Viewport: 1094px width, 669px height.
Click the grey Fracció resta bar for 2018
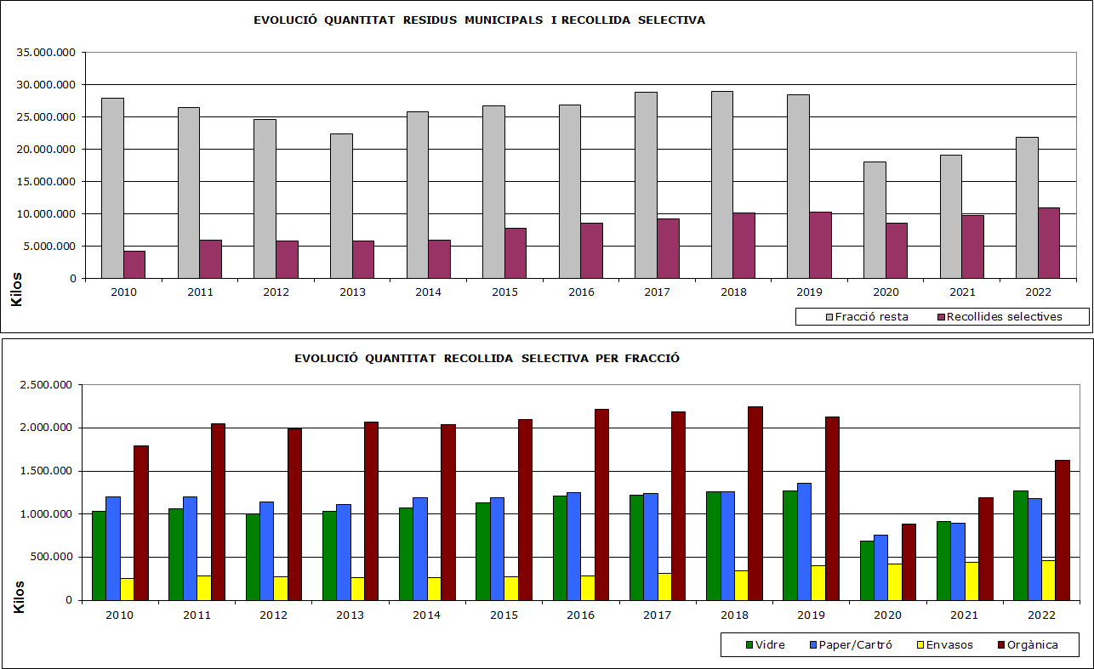(x=721, y=184)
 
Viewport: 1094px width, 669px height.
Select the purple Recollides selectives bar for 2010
(x=134, y=264)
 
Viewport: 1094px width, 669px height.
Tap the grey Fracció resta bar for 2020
(x=874, y=219)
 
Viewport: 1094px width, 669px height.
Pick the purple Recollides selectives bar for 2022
(x=1048, y=243)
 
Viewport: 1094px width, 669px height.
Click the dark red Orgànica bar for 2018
(x=755, y=503)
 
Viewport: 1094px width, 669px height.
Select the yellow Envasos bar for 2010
(x=127, y=588)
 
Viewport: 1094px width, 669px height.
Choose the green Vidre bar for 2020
(x=866, y=570)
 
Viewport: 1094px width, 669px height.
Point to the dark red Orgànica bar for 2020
(x=909, y=562)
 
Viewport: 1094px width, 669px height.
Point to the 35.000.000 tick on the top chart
(x=48, y=53)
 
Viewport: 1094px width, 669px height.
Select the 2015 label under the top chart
(x=504, y=292)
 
